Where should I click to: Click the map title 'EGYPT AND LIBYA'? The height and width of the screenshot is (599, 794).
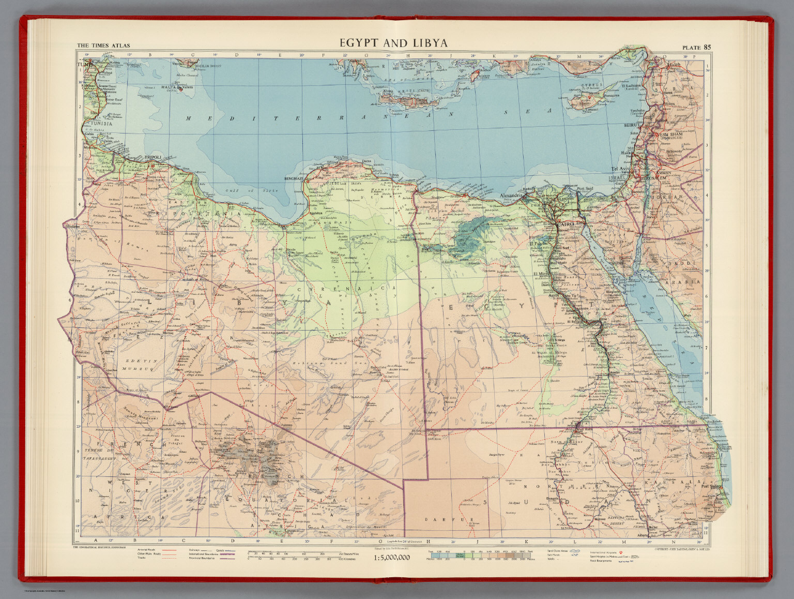click(393, 43)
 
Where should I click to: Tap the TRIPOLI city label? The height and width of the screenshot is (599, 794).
click(152, 157)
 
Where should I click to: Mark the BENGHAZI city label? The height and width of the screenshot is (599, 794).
click(293, 178)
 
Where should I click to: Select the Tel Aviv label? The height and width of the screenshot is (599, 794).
click(622, 169)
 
